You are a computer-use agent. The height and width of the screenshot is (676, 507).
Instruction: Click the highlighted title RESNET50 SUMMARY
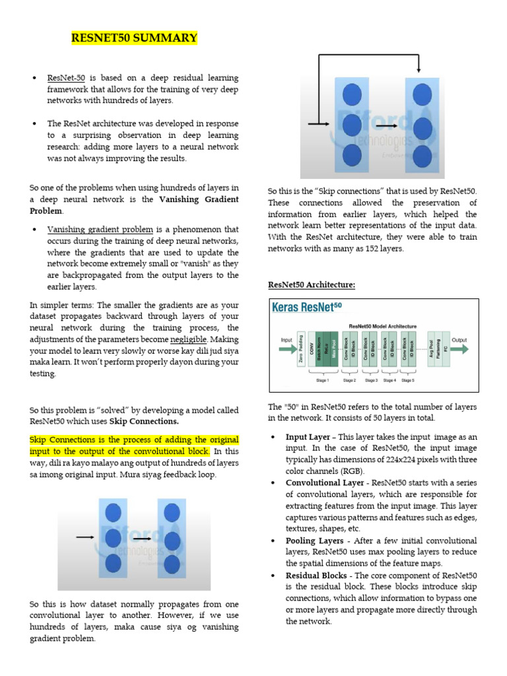pyautogui.click(x=134, y=38)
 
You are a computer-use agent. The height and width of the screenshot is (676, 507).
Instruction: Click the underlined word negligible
pyautogui.click(x=188, y=339)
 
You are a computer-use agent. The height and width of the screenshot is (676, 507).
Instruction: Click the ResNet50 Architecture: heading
pyautogui.click(x=311, y=285)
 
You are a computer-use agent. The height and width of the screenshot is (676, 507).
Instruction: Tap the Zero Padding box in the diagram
pyautogui.click(x=301, y=348)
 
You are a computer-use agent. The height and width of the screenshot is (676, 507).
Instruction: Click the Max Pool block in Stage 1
pyautogui.click(x=333, y=348)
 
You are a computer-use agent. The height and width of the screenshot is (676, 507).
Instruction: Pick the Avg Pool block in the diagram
pyautogui.click(x=432, y=348)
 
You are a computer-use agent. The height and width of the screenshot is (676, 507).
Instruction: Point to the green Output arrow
pyautogui.click(x=459, y=349)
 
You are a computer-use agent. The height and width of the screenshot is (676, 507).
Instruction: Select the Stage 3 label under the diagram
pyautogui.click(x=372, y=380)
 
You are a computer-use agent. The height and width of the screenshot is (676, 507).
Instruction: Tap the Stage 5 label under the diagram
pyautogui.click(x=408, y=380)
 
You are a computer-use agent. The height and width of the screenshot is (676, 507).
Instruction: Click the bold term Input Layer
pyautogui.click(x=307, y=437)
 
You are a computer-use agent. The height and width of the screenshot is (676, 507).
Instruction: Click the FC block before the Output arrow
pyautogui.click(x=446, y=348)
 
